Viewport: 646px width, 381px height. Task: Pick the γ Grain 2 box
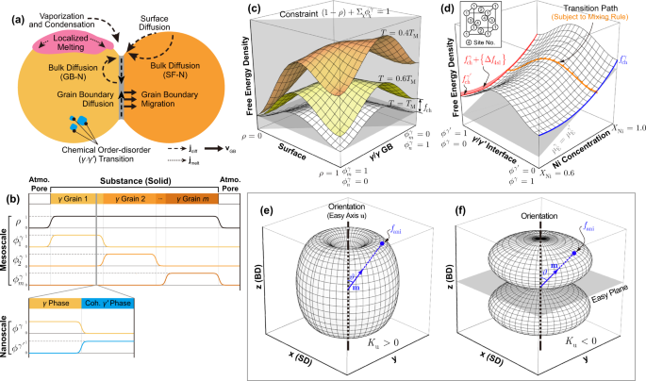click(x=132, y=201)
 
